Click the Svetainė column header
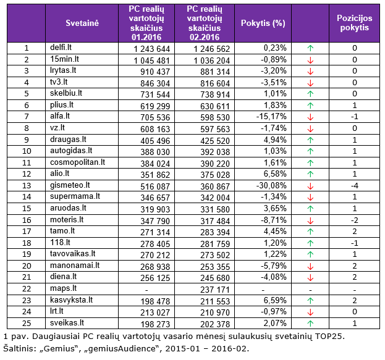pos(82,23)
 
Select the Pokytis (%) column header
pos(263,23)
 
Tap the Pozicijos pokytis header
pos(354,23)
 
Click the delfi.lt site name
pos(61,47)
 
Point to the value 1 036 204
pos(211,61)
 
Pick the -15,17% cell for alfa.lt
pos(271,116)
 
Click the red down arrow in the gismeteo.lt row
pos(310,186)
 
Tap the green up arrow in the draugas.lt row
pos(310,140)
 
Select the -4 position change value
pos(354,185)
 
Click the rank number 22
pos(27,288)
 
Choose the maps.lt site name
pos(64,288)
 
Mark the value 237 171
pos(215,290)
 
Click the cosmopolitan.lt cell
pos(77,162)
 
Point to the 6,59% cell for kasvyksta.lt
pos(275,300)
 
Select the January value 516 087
pos(155,186)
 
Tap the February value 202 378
pos(215,324)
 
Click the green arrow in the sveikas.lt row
pos(310,323)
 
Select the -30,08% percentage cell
pos(271,185)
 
